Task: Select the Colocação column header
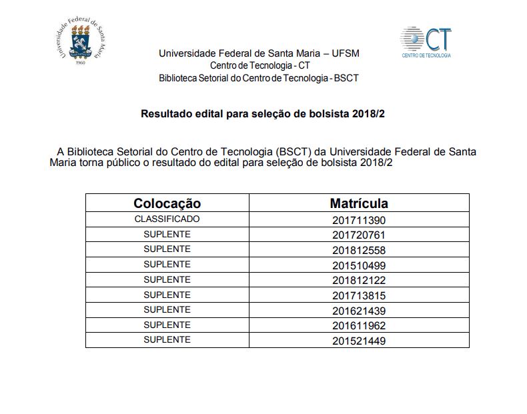167,203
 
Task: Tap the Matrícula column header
359,203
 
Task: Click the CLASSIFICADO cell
167,219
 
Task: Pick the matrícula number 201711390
359,220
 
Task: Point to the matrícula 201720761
359,235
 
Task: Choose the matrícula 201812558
359,251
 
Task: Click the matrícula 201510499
359,266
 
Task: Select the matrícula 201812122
359,281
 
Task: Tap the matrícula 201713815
359,296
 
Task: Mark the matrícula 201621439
359,311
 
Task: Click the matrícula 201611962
359,326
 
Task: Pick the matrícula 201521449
359,341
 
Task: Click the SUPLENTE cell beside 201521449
167,340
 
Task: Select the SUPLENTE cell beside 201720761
167,234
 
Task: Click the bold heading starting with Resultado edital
263,114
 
